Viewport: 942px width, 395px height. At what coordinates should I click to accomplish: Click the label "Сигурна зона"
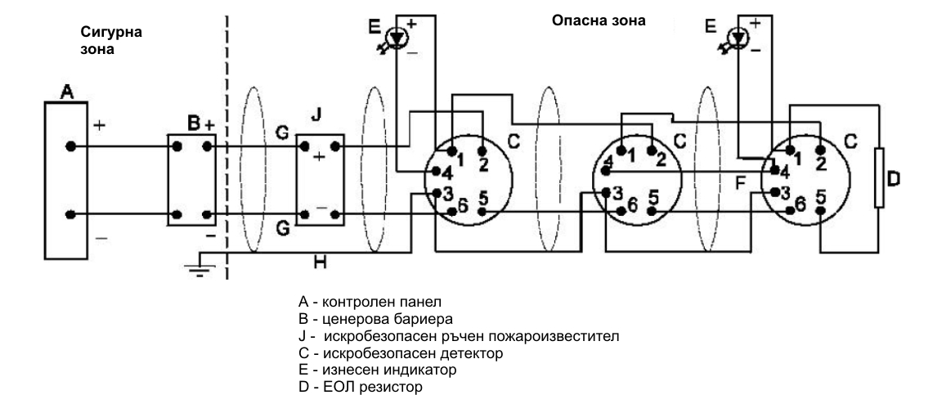[110, 40]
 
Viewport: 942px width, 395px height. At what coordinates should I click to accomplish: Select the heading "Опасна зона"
[599, 20]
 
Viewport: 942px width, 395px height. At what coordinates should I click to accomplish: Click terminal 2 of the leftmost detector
[482, 151]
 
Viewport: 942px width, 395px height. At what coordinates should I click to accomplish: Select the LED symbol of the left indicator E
[397, 37]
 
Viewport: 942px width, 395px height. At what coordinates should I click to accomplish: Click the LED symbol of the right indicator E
[738, 37]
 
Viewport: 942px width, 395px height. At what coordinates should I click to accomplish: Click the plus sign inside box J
[319, 155]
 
